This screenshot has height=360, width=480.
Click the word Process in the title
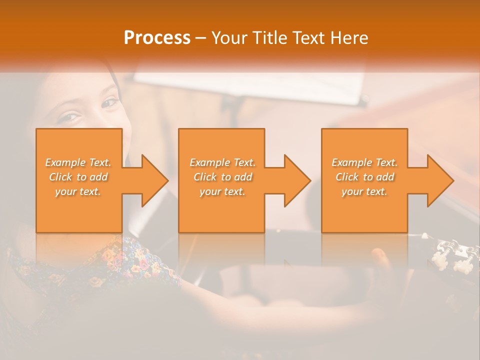pyautogui.click(x=157, y=37)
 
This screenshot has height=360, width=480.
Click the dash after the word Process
pyautogui.click(x=201, y=38)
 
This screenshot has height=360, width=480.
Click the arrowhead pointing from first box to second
pyautogui.click(x=152, y=180)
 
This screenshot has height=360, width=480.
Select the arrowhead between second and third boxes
pyautogui.click(x=295, y=180)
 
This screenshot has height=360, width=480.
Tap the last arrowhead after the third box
pyautogui.click(x=438, y=180)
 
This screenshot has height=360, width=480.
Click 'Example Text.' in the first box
pyautogui.click(x=78, y=162)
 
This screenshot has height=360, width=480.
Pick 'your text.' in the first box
pyautogui.click(x=78, y=191)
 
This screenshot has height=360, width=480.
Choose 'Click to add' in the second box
pyautogui.click(x=222, y=177)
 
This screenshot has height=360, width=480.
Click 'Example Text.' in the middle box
pyautogui.click(x=222, y=162)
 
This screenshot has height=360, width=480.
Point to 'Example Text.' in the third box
pyautogui.click(x=364, y=162)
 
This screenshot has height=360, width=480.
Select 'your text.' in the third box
pyautogui.click(x=364, y=191)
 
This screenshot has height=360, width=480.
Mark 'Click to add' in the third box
pyautogui.click(x=364, y=177)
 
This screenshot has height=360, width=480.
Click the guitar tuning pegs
pyautogui.click(x=452, y=252)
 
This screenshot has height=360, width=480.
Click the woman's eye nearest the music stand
pyautogui.click(x=109, y=103)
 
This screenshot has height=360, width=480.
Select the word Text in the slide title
pyautogui.click(x=309, y=37)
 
